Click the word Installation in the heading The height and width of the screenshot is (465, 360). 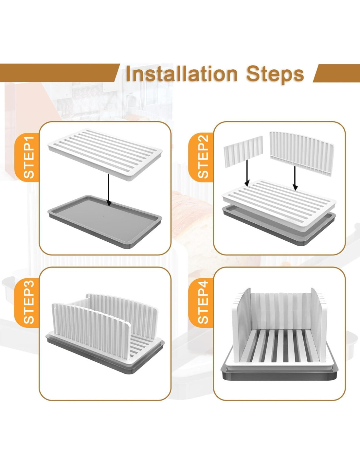[x=182, y=74]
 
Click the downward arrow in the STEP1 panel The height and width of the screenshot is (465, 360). [x=109, y=190]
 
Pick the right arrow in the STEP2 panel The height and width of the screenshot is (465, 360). [x=295, y=178]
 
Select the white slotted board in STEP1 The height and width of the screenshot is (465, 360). [x=105, y=154]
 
